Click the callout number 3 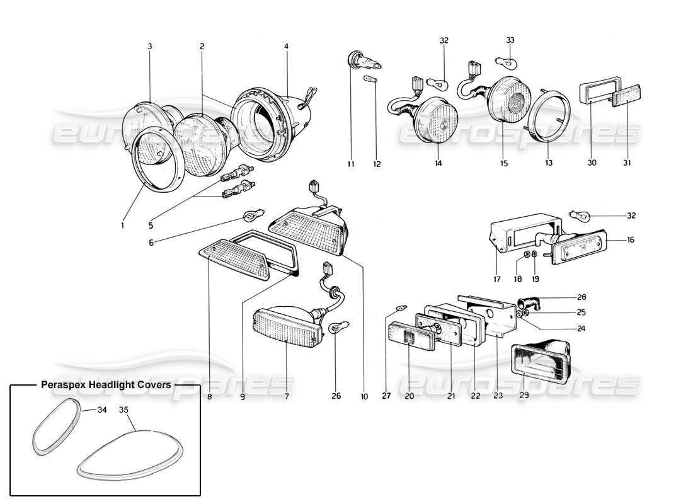pos(150,47)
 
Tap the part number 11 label pos(350,164)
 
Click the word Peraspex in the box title pos(61,385)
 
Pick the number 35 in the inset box pos(123,409)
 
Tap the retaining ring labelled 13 pos(548,117)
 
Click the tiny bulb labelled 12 pos(372,79)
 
